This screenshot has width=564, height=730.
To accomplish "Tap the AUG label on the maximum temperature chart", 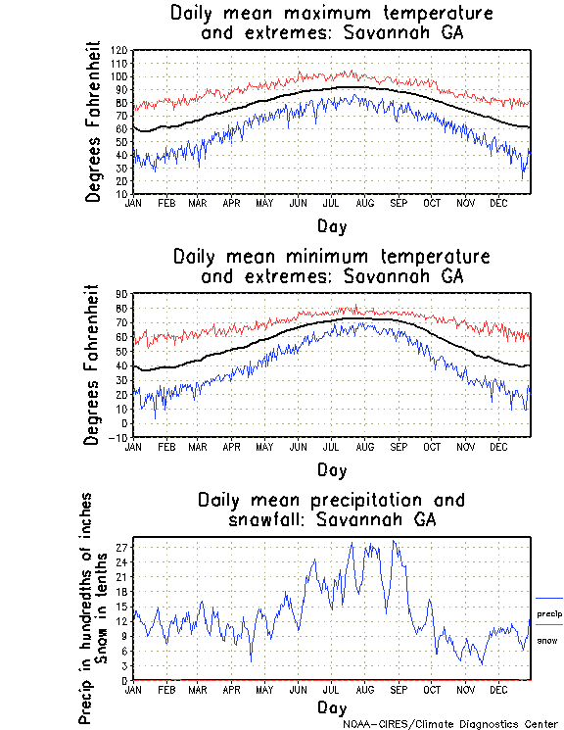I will coord(365,203).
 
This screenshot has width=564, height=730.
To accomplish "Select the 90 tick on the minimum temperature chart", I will coord(123,293).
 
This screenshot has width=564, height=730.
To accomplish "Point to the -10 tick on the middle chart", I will coord(120,438).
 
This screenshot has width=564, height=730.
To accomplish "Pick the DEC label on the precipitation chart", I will coord(498,689).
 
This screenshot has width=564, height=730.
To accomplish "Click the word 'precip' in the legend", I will coord(549,613).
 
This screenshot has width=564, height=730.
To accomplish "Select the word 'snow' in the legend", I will coord(547,640).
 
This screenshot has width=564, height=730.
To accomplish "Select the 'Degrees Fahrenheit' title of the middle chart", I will coord(94,365).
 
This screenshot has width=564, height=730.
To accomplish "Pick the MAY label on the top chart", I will coord(264,203).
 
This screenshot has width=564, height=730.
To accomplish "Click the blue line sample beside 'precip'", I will coord(549,598).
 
